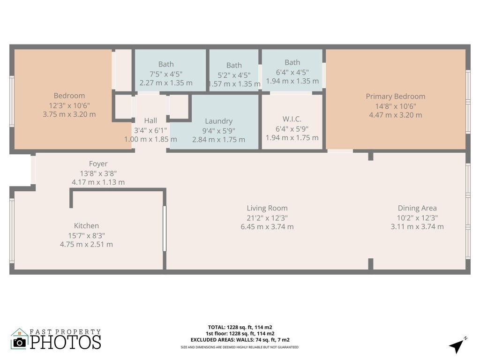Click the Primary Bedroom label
click(x=395, y=97)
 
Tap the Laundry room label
click(x=218, y=121)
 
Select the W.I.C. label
click(x=292, y=120)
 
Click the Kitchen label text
click(x=86, y=226)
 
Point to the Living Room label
click(x=267, y=208)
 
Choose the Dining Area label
click(x=417, y=208)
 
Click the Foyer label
click(x=98, y=164)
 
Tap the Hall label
click(x=150, y=121)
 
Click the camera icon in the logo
click(x=20, y=342)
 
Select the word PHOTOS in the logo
click(x=66, y=342)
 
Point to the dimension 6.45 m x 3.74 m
click(x=267, y=227)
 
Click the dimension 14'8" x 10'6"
click(x=395, y=106)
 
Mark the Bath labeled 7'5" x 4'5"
click(x=166, y=64)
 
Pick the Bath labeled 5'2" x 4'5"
click(x=234, y=66)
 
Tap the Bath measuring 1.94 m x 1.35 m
click(x=292, y=62)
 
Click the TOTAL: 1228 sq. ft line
click(x=240, y=327)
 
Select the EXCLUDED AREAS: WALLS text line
click(x=240, y=339)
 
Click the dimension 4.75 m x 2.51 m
click(x=86, y=244)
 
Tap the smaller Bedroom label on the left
click(x=69, y=96)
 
